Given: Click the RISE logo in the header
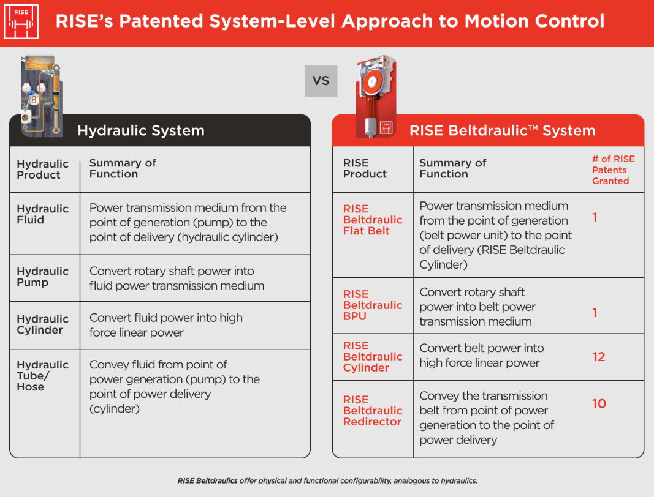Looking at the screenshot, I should tap(21, 22).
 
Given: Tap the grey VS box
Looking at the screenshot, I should tap(321, 81).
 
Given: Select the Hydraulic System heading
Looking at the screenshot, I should tap(140, 130).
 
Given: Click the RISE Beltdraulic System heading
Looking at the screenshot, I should tap(502, 130).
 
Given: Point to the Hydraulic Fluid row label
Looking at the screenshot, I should tap(42, 214).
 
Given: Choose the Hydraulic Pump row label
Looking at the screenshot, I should tap(42, 277).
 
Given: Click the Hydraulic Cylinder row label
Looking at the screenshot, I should tap(42, 324).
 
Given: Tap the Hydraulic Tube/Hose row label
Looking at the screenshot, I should tap(42, 375).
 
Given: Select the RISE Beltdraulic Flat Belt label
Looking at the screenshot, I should tap(372, 220).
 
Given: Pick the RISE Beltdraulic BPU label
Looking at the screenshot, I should tap(372, 305).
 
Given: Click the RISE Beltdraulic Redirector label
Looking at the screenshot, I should tap(372, 410).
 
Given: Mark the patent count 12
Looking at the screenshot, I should tap(599, 357).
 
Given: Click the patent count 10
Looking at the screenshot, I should tap(599, 403).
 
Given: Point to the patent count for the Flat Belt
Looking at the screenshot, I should tap(595, 217).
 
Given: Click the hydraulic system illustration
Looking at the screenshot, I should tap(40, 95).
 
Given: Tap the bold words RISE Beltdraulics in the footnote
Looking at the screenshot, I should tap(207, 480).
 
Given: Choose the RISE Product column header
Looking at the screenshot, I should tap(365, 168).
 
